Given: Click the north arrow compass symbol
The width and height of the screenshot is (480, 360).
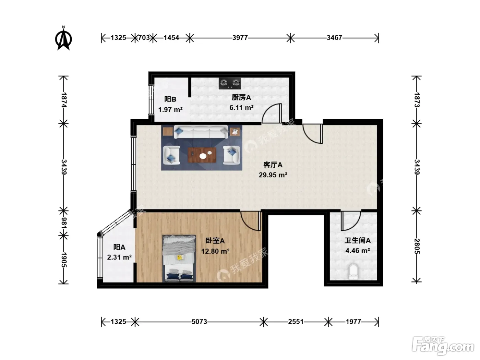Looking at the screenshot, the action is coord(63,38).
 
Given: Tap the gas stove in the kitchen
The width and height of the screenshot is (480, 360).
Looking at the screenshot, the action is coord(230,83).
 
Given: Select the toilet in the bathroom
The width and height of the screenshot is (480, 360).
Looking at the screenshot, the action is coord(353,272).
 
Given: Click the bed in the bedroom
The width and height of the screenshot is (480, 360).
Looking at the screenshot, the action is coord(179,259).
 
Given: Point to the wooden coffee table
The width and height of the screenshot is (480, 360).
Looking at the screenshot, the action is coord(202,155).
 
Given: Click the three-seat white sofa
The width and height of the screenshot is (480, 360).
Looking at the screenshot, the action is coord(201,132).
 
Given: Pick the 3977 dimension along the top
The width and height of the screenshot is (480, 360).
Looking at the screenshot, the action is coord(240,38).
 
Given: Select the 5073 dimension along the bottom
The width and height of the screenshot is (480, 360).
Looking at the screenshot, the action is coord(199,322).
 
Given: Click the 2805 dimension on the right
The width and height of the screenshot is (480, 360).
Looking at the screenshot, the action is coord(417,246).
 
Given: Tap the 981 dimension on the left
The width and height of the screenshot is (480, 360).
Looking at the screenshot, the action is coord(64,223).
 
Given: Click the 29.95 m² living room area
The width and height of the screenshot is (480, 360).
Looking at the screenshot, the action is coord(273,175).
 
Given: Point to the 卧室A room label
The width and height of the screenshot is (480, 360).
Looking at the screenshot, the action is coord(215,241).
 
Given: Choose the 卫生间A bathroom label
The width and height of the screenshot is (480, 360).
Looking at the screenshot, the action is coord(358,240).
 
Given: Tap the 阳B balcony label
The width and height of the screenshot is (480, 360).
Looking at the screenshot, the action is coord(170,99).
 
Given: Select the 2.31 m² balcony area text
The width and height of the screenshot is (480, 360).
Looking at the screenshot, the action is coord(119,257).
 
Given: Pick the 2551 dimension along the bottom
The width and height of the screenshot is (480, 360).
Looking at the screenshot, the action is coord(296,322).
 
